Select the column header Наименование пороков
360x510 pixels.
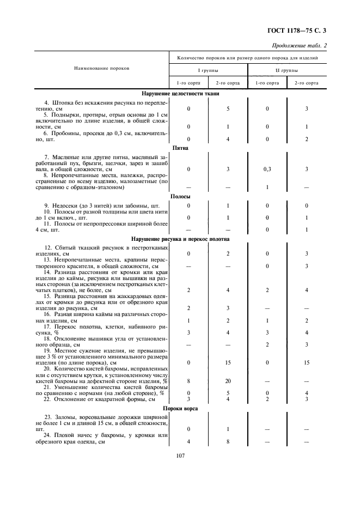coord(101,69)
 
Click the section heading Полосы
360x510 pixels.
coord(180,197)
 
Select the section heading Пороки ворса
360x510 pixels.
coord(180,409)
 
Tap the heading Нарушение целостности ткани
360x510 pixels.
coord(180,94)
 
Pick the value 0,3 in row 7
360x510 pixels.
coord(267,169)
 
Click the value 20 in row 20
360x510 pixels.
coord(228,381)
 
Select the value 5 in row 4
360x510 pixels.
coord(228,109)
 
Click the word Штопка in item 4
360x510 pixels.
coord(64,103)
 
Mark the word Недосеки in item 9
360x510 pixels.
coord(66,205)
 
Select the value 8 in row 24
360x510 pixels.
coord(228,442)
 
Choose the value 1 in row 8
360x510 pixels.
coord(267,187)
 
